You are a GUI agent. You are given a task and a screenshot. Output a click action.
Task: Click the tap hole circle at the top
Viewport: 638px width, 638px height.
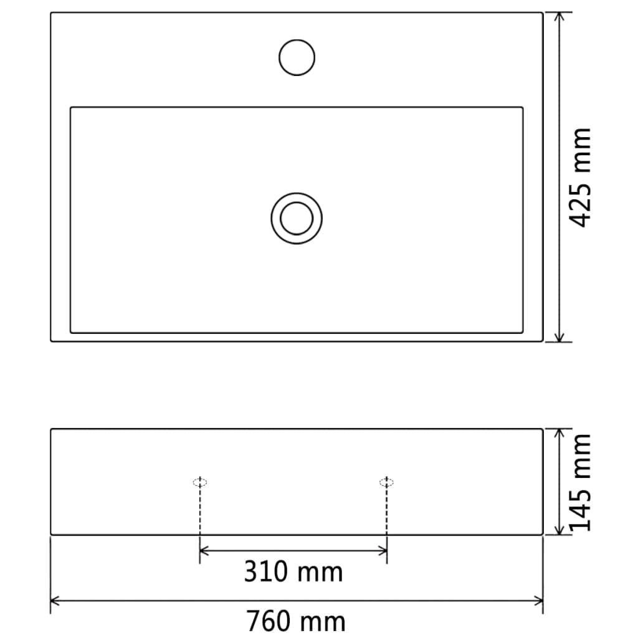tap(297, 57)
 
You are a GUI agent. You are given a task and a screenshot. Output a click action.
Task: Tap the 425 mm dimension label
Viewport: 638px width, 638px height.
tap(581, 178)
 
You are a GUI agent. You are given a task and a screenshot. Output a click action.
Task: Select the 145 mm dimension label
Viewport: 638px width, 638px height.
tap(581, 482)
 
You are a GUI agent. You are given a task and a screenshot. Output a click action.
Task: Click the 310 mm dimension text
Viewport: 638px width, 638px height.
tap(293, 571)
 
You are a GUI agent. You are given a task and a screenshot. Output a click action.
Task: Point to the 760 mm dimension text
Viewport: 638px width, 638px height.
tap(295, 621)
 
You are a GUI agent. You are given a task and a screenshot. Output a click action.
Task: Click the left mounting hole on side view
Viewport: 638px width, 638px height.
tap(199, 482)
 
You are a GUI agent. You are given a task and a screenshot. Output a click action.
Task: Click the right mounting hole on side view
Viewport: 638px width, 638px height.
tap(387, 482)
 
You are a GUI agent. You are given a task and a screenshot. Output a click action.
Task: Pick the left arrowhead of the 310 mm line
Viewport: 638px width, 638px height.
tap(204, 550)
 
